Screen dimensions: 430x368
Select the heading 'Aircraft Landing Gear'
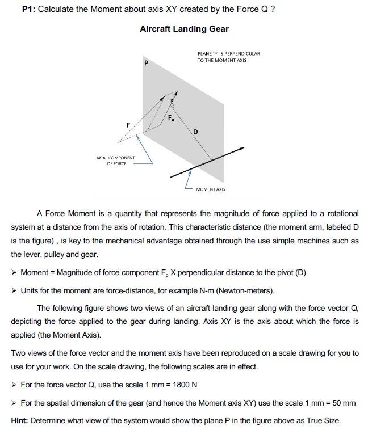(x=184, y=29)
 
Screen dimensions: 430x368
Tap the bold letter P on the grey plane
(x=146, y=64)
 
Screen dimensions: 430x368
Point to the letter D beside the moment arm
(x=195, y=132)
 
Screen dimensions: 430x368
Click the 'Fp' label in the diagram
(x=172, y=118)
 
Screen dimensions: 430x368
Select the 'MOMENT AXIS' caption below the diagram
(x=210, y=189)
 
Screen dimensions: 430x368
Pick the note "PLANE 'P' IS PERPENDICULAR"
(x=228, y=53)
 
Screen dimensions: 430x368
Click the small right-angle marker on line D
(x=172, y=105)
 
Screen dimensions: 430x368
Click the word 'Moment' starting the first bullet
(x=34, y=272)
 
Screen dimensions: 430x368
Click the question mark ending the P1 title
(x=273, y=10)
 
